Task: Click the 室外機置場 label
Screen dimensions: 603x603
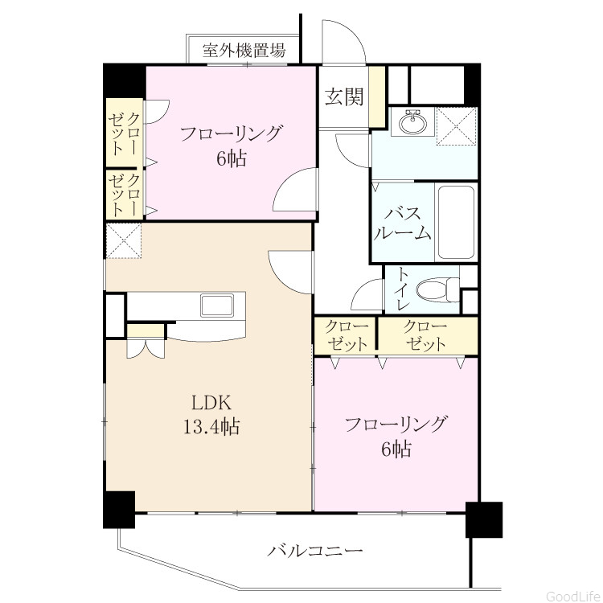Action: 244,50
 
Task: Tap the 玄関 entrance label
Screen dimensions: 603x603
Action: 344,96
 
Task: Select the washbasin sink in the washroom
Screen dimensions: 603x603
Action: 412,121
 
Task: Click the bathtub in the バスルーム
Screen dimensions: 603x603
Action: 456,222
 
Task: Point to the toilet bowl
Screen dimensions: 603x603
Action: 437,289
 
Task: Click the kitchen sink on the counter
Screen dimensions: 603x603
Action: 217,306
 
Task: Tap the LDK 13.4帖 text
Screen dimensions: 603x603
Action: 211,416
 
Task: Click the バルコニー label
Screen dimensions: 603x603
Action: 315,552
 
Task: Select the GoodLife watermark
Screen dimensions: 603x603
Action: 573,596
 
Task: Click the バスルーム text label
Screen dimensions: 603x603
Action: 402,223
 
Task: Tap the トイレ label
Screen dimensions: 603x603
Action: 403,289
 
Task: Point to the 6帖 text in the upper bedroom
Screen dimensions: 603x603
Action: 231,158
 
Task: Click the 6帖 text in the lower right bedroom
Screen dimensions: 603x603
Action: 396,449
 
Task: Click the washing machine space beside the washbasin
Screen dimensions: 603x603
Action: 457,126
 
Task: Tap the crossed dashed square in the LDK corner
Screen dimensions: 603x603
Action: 124,240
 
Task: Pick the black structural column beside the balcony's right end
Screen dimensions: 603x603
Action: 484,519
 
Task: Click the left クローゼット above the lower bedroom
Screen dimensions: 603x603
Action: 346,336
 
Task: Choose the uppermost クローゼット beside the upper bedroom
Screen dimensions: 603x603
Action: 124,133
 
